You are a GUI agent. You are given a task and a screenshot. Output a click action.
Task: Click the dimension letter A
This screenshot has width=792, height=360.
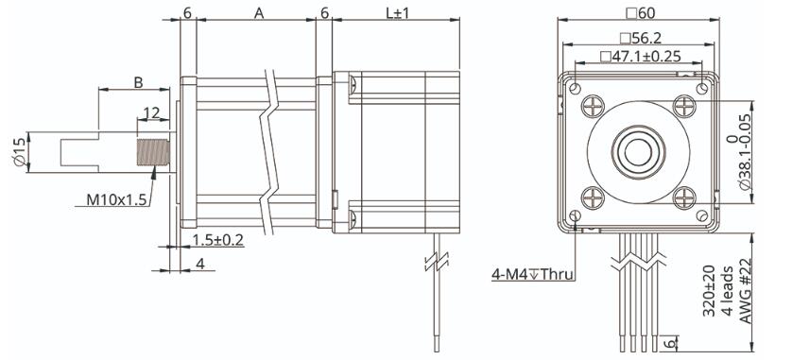(259, 13)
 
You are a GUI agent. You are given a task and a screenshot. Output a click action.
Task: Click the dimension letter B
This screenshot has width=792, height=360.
(138, 83)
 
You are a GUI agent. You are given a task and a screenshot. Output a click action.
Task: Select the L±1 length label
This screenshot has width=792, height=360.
(398, 13)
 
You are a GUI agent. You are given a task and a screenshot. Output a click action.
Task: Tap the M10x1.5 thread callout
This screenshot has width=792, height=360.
(116, 199)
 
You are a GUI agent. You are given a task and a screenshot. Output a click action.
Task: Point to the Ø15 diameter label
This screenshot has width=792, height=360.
(19, 152)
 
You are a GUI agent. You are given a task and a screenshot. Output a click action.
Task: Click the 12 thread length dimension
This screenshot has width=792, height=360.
(151, 112)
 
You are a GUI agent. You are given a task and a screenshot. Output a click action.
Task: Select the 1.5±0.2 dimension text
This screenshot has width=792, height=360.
(217, 240)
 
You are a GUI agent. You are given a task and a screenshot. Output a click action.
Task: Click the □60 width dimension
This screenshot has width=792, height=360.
(640, 13)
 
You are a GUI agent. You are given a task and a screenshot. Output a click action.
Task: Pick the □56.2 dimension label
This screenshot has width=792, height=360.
(641, 38)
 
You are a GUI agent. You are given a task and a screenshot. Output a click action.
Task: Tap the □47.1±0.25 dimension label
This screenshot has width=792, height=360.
(641, 56)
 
